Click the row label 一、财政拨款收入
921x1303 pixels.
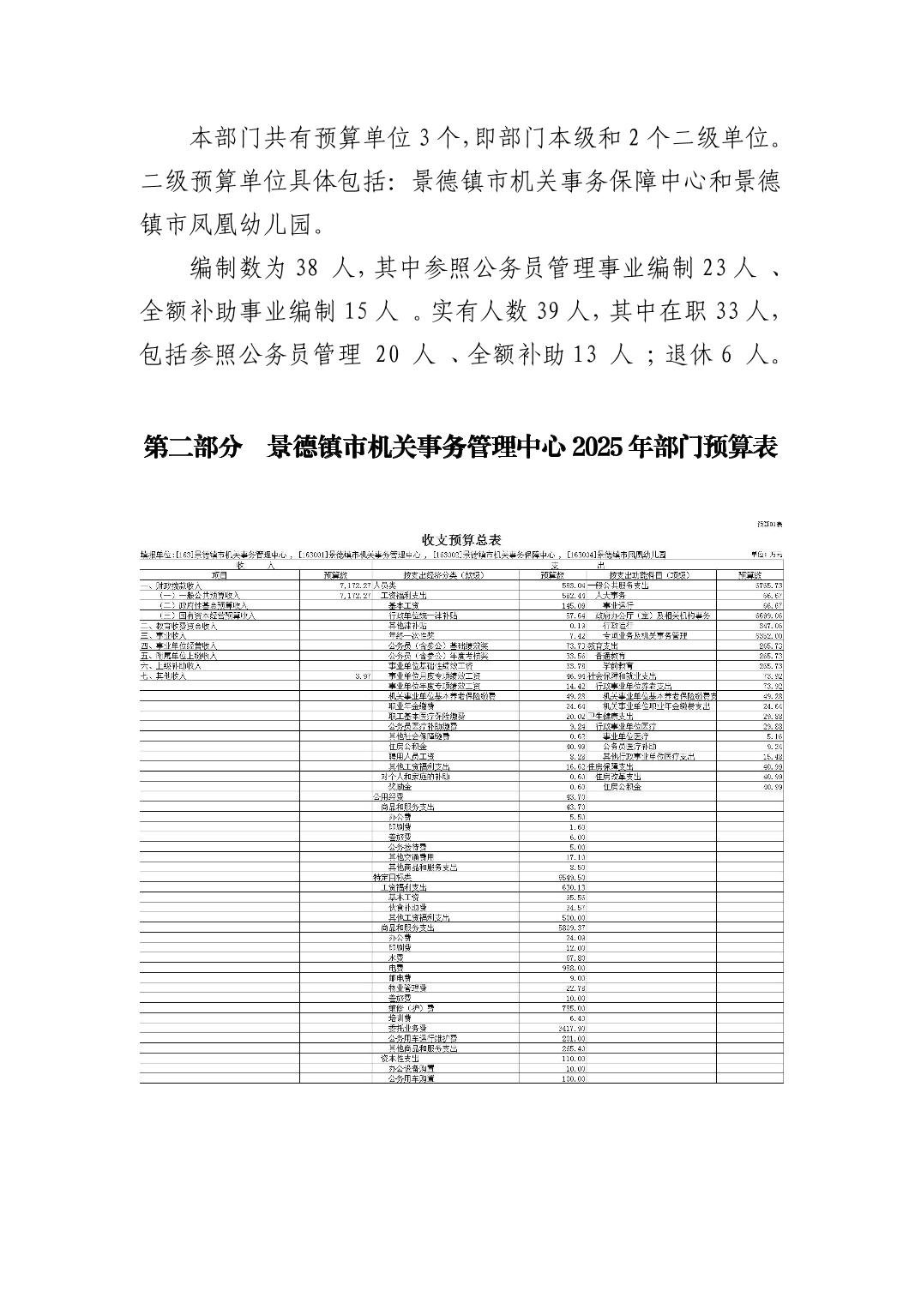pyautogui.click(x=170, y=585)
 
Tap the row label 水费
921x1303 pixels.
pyautogui.click(x=397, y=957)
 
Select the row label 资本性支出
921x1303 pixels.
pyautogui.click(x=400, y=1058)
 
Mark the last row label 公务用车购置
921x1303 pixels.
pyautogui.click(x=411, y=1078)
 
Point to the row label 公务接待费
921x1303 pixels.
pyautogui.click(x=407, y=846)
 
